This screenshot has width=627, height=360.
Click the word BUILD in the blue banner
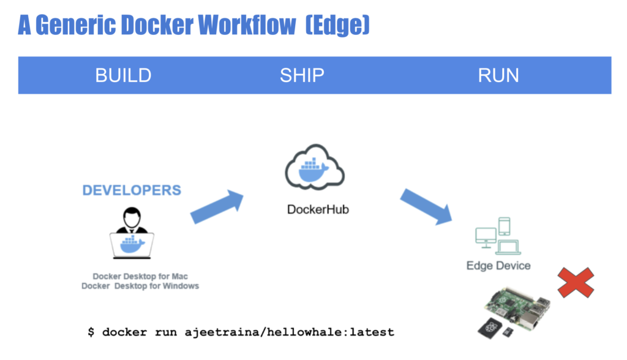[x=123, y=75]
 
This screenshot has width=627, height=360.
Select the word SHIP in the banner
[x=302, y=75]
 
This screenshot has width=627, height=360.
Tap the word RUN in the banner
[x=498, y=75]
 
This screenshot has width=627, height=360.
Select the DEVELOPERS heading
[x=132, y=190]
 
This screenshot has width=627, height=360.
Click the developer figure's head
[x=132, y=216]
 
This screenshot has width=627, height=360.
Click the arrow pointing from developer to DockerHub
[x=217, y=206]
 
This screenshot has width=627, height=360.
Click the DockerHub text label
[x=318, y=210]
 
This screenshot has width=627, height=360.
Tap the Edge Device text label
[x=498, y=266]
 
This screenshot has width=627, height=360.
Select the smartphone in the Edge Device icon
[x=505, y=227]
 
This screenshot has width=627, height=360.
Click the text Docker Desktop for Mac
[x=140, y=277]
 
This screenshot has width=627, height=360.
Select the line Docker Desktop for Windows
[x=140, y=286]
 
